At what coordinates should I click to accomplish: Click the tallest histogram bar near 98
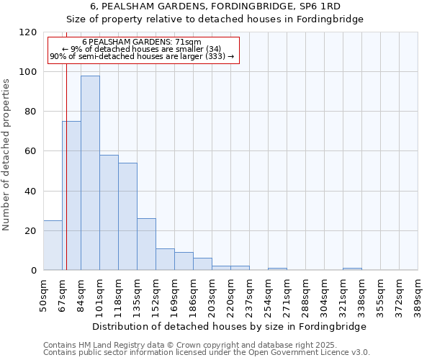90,173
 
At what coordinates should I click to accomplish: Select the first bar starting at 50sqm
53,246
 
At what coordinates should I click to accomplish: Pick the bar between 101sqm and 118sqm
109,212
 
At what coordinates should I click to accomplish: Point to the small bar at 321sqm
352,269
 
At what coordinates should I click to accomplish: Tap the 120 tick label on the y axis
28,32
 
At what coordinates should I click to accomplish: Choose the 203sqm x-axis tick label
212,294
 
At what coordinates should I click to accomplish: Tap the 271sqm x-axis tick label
287,294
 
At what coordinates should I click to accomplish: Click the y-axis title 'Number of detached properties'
6,155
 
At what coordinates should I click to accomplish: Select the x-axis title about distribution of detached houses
230,326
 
